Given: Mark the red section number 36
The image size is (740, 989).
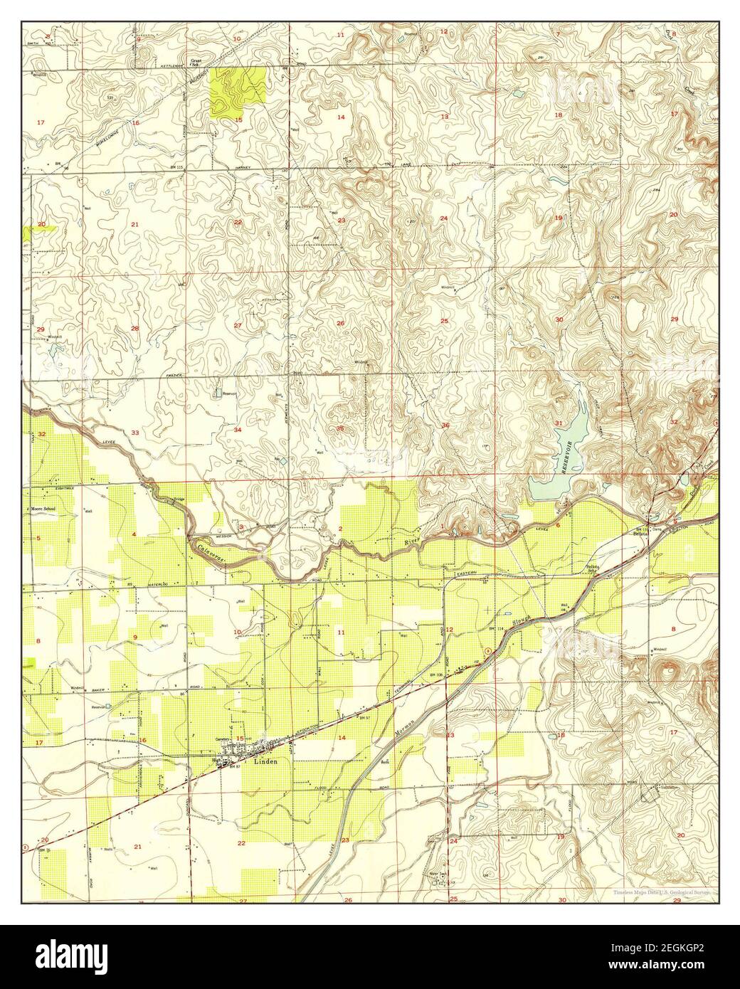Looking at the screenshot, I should tap(445, 425).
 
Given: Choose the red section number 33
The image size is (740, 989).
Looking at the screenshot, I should tap(134, 433).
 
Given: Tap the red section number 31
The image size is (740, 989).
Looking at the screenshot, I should tap(559, 424).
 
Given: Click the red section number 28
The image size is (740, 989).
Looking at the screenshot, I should tap(134, 329).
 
